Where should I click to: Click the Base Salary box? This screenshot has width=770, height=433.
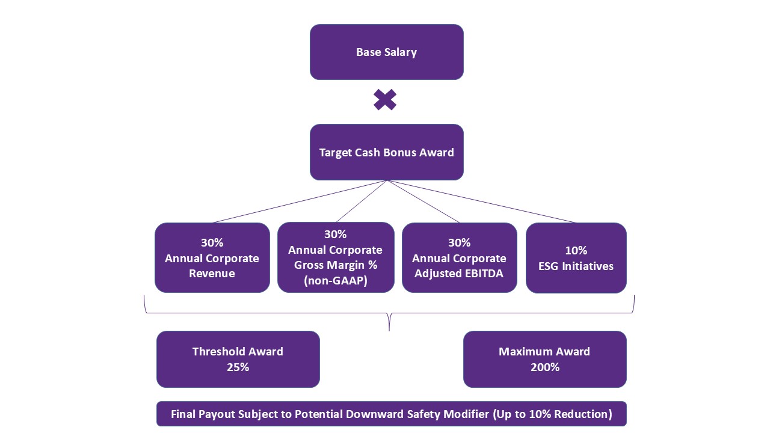387,52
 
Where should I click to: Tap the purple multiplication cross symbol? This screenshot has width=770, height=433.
385,100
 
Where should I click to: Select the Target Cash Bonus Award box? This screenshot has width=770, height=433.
387,152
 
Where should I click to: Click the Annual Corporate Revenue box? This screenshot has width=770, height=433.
212,258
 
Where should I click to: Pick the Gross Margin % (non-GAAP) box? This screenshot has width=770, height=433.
336,257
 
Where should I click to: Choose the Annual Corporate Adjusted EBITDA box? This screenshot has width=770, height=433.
459,258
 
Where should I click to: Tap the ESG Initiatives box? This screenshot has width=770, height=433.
576,258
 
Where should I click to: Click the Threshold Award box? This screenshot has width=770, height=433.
238,359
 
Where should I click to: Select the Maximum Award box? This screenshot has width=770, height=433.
545,359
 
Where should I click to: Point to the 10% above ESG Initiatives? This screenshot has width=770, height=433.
576,250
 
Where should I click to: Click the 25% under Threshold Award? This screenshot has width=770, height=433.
238,367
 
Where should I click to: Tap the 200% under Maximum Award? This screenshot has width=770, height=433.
545,367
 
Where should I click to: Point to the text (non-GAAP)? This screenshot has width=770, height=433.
336,281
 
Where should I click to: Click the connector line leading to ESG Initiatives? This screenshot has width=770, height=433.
481,201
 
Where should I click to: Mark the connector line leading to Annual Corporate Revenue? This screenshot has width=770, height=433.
300,201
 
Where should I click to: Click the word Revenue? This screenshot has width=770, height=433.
212,274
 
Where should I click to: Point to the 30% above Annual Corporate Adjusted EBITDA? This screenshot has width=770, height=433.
459,242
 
